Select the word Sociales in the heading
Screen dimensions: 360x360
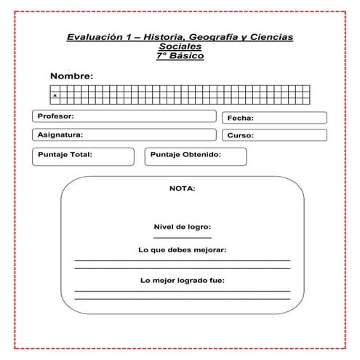[x=180, y=46]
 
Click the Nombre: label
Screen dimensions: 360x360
[x=71, y=76]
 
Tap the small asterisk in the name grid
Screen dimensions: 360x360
[x=55, y=96]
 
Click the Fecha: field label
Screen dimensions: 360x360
[x=240, y=118]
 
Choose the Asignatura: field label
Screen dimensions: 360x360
[x=60, y=135]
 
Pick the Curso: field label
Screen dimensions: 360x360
[x=240, y=136]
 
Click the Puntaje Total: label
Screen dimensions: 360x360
[x=65, y=154]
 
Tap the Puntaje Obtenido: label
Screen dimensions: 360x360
[x=186, y=154]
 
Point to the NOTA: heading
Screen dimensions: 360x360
[x=182, y=188]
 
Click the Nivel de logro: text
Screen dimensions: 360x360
[x=182, y=226]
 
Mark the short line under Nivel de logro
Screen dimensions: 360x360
[x=182, y=237]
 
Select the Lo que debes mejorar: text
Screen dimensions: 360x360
[x=182, y=249]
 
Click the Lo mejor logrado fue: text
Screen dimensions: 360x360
[x=182, y=280]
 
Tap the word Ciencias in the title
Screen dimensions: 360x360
[x=273, y=36]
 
